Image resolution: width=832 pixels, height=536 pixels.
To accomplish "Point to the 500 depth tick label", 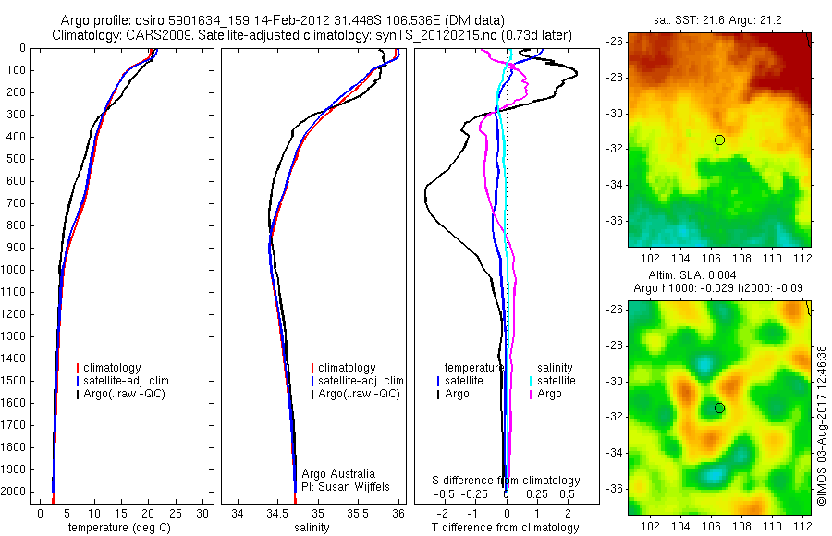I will pyautogui.click(x=17, y=159).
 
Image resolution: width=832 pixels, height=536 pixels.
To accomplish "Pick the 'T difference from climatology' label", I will pyautogui.click(x=507, y=528).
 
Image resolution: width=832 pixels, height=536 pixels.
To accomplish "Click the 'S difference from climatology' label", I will pyautogui.click(x=507, y=481).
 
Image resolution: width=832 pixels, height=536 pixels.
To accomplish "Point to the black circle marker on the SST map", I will pyautogui.click(x=719, y=140).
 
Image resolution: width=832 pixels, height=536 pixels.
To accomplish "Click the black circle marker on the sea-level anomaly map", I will pyautogui.click(x=719, y=408).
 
